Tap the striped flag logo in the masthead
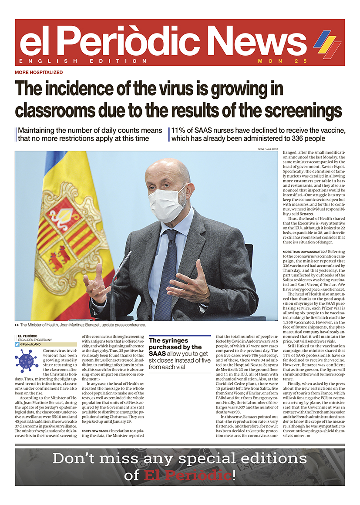(327, 44)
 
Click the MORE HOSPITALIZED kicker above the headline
(39, 72)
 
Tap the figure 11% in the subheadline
(179, 131)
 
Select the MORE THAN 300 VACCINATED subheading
(303, 252)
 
